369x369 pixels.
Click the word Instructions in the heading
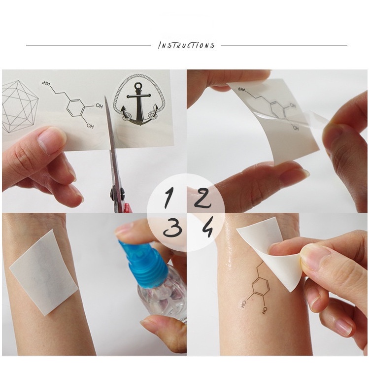[186, 45]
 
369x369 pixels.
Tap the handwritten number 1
[168, 198]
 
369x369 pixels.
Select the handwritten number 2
[202, 199]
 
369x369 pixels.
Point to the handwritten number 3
[173, 229]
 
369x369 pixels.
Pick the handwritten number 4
[207, 229]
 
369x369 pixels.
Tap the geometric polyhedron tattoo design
[19, 106]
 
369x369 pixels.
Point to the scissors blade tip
[105, 96]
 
